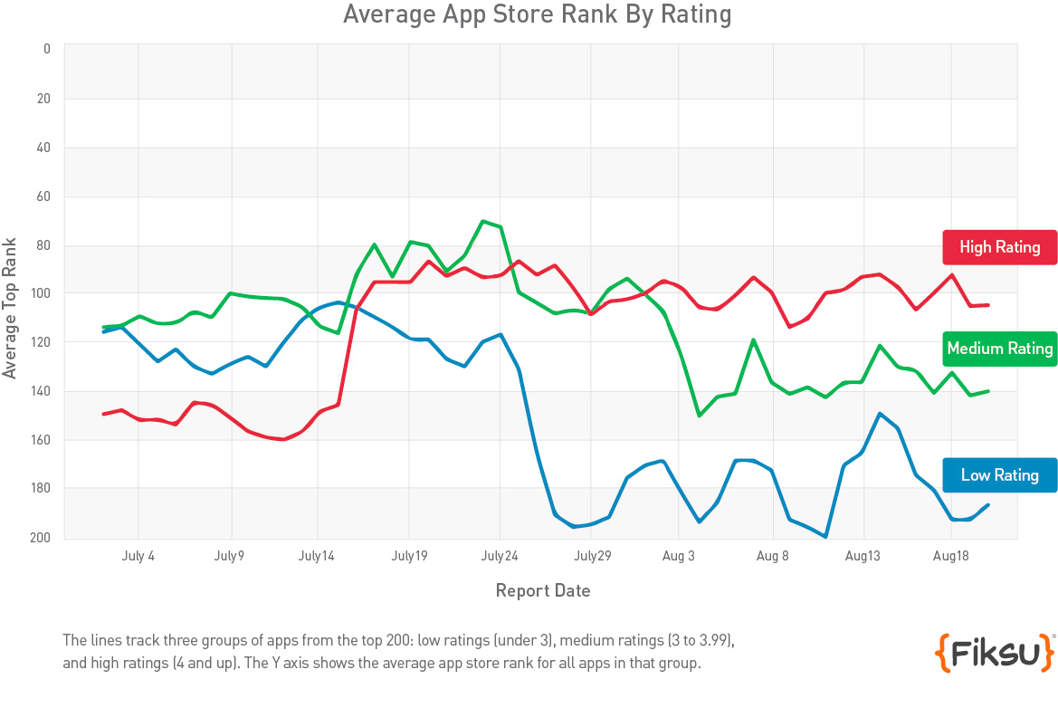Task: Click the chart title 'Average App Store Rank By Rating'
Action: [x=537, y=15]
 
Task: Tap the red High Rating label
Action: [x=999, y=247]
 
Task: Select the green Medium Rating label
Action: [x=999, y=349]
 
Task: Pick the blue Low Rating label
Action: [x=999, y=475]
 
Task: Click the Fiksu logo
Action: [x=994, y=652]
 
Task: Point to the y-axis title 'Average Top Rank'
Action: [x=10, y=308]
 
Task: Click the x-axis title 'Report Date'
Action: [x=543, y=591]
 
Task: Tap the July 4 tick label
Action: [x=138, y=557]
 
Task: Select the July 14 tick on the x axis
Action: [x=317, y=557]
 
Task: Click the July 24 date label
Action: [x=500, y=557]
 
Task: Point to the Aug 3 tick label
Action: [x=679, y=557]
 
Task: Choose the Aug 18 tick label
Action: [x=952, y=557]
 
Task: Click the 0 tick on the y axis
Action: [x=47, y=49]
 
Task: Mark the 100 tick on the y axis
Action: [x=42, y=294]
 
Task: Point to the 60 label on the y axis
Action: [x=44, y=196]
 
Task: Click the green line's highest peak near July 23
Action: [x=483, y=221]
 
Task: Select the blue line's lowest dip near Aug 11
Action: [x=825, y=537]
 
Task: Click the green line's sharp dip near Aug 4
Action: [x=700, y=416]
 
